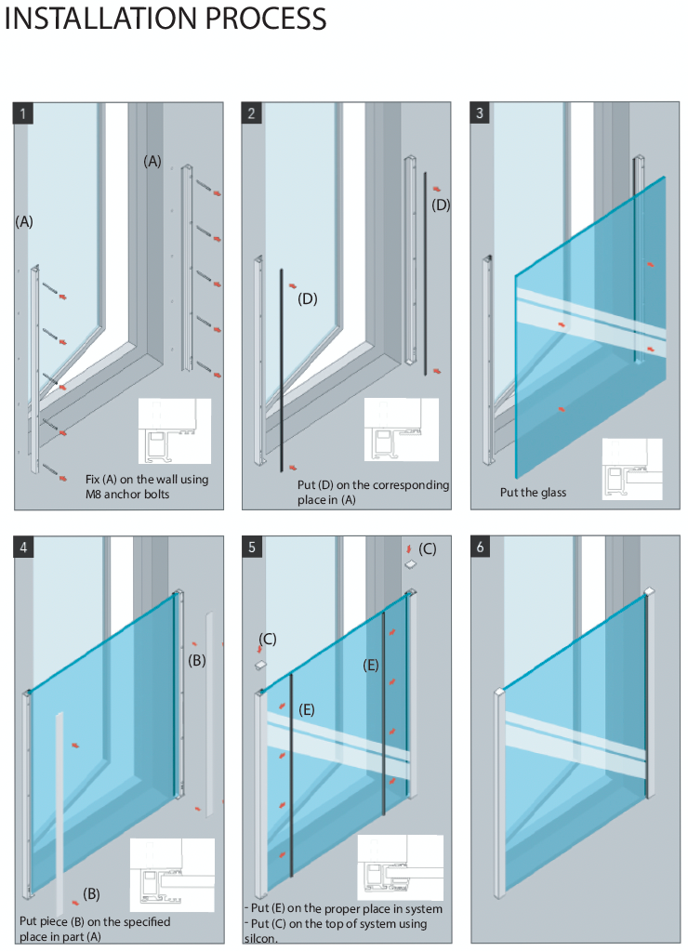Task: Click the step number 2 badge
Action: (252, 113)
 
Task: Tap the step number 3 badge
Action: (480, 113)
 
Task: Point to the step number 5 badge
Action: (252, 547)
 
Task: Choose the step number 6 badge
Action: (480, 547)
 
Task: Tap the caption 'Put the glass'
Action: (533, 493)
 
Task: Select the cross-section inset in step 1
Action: (174, 430)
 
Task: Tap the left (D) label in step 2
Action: (307, 299)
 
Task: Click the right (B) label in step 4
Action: (197, 660)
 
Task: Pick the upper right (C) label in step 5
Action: (427, 548)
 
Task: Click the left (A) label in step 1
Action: (24, 221)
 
